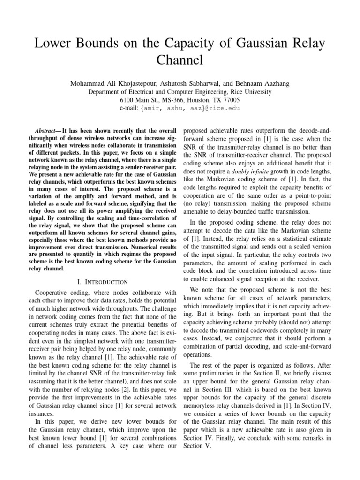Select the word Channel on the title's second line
180,60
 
